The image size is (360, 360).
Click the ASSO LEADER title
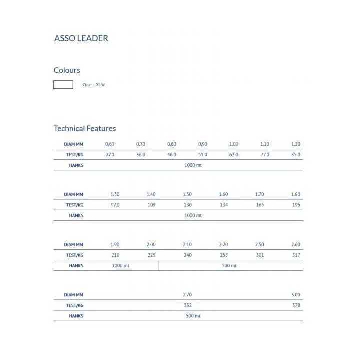(81, 38)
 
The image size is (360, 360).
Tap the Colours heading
(67, 70)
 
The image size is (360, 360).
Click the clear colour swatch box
(63, 85)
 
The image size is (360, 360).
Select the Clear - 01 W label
(94, 85)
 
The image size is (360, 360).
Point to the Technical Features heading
(85, 128)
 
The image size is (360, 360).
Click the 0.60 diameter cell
(110, 144)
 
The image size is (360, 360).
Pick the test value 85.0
(296, 155)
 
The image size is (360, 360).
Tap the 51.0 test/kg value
(203, 155)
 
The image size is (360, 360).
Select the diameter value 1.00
(234, 144)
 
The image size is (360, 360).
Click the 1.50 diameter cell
(187, 194)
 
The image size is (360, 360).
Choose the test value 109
(151, 205)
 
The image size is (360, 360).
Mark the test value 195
(296, 205)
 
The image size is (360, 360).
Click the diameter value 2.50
(260, 245)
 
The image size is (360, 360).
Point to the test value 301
(260, 255)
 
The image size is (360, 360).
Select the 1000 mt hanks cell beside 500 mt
(121, 266)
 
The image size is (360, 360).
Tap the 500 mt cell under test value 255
(229, 266)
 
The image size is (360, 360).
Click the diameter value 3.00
(296, 295)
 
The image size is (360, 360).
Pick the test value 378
(296, 305)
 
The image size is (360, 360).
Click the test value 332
(187, 305)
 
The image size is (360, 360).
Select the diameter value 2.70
(187, 295)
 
